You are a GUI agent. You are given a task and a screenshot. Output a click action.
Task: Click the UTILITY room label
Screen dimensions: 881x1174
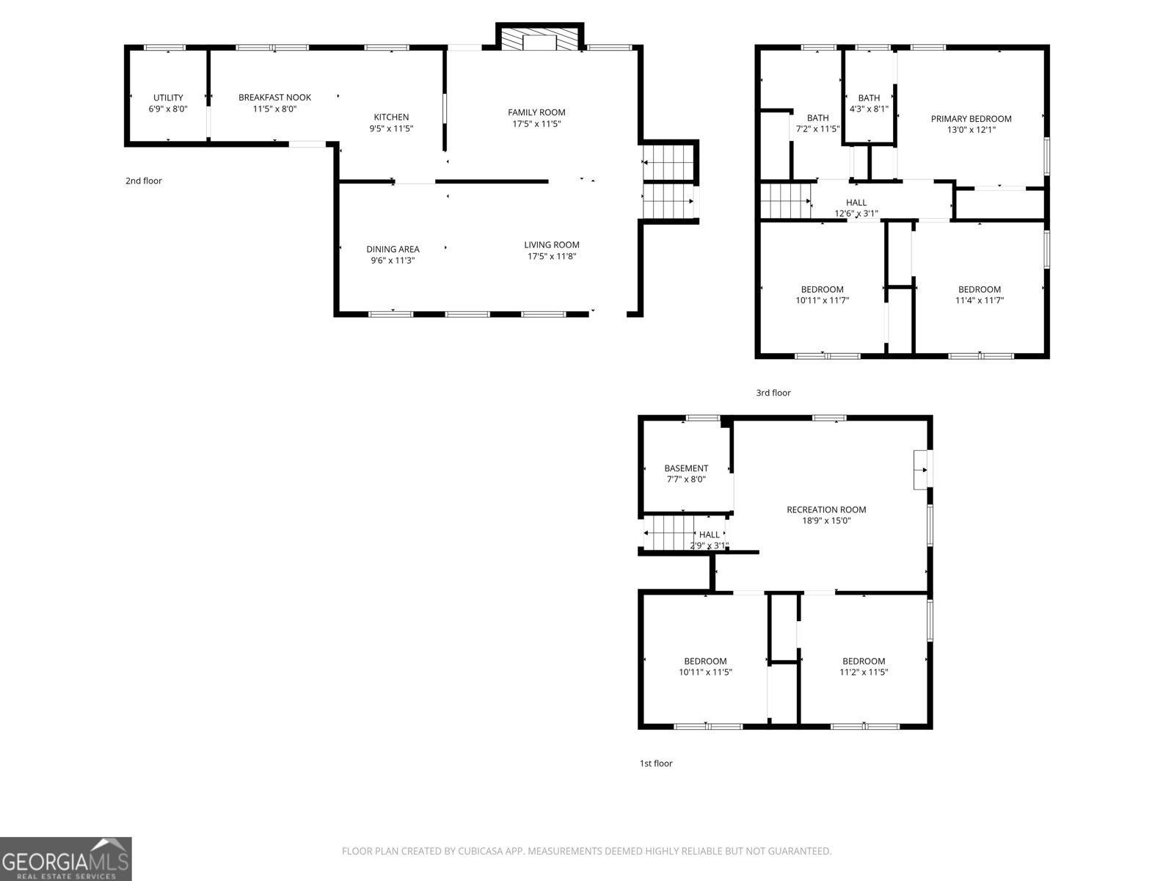[168, 98]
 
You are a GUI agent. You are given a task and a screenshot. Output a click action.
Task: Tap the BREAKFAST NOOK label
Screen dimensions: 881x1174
[274, 98]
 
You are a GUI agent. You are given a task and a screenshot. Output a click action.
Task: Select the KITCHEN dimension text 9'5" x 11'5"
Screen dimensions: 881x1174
[391, 128]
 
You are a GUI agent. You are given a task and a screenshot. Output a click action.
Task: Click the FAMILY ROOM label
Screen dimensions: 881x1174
[536, 112]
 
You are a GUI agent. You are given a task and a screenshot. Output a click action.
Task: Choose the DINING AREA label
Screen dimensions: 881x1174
[393, 249]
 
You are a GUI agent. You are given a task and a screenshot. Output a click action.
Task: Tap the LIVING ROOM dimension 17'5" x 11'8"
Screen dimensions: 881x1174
[552, 256]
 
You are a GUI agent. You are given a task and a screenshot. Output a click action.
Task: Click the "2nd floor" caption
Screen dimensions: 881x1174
[144, 181]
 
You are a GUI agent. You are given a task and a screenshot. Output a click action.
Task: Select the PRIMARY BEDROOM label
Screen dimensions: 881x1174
[971, 118]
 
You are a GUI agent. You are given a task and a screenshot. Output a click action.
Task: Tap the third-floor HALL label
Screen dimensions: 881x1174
[856, 203]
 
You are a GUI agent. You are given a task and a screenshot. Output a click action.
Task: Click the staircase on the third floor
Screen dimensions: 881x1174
[785, 202]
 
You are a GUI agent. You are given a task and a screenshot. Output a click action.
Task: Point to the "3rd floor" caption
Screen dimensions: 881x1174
[773, 393]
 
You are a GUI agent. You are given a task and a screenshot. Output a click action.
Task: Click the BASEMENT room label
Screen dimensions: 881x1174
[686, 468]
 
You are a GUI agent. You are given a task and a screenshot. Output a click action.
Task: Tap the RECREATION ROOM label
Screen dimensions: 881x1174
[826, 510]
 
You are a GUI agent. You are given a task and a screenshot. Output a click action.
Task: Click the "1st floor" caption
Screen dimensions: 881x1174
[656, 764]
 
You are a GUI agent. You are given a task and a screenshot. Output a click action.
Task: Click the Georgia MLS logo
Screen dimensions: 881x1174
[65, 858]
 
